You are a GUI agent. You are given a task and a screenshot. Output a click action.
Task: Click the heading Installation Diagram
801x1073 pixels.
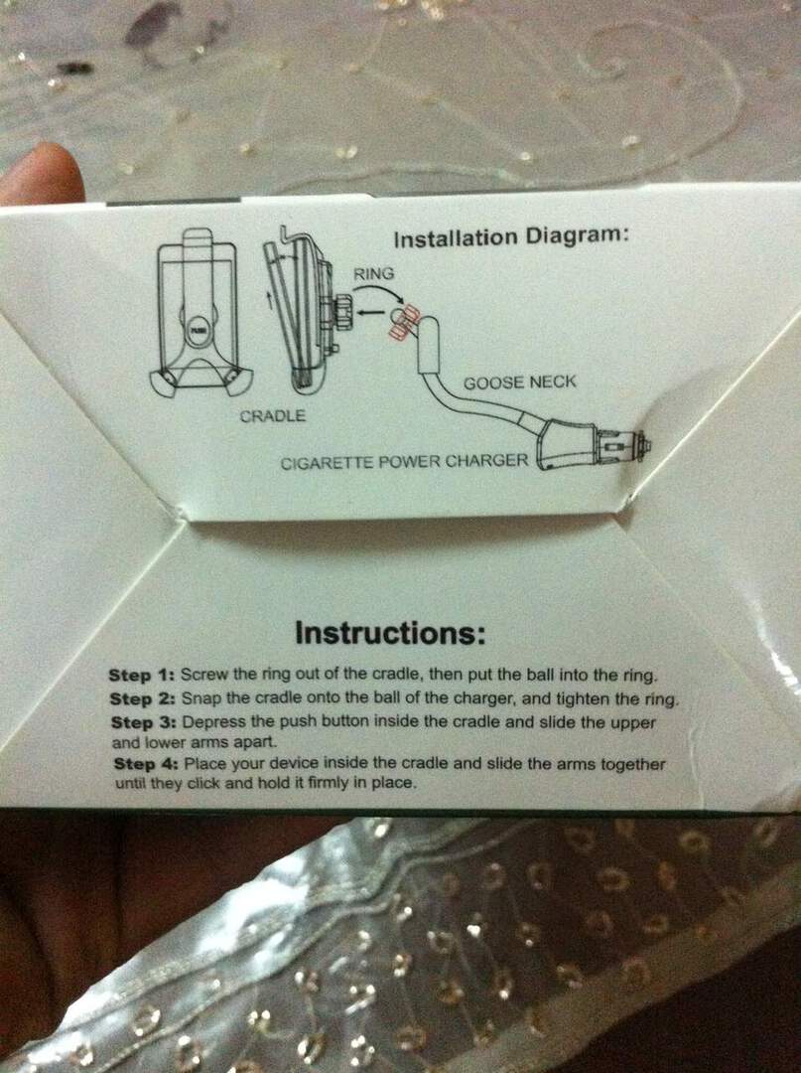coord(510,236)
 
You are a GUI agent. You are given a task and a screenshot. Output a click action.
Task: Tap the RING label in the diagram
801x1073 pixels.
coord(374,274)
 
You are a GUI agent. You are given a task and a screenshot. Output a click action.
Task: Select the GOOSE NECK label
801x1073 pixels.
coord(520,382)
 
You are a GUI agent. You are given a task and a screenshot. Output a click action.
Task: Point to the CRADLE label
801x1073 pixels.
coord(273,415)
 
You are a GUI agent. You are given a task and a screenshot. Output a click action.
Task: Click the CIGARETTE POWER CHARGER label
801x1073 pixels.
coord(405,461)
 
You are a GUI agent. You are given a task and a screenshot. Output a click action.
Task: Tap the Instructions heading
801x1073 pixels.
coord(390,633)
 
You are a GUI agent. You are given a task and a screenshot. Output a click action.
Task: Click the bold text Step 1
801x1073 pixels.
coord(142,676)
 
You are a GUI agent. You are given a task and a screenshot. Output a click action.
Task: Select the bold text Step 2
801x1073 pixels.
coord(144,698)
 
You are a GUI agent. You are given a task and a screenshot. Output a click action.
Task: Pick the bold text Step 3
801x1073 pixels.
coord(145,722)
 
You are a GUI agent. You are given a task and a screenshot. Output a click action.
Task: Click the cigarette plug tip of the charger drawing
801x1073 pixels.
coord(645,446)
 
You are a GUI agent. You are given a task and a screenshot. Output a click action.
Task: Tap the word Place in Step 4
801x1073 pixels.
coord(207,764)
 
